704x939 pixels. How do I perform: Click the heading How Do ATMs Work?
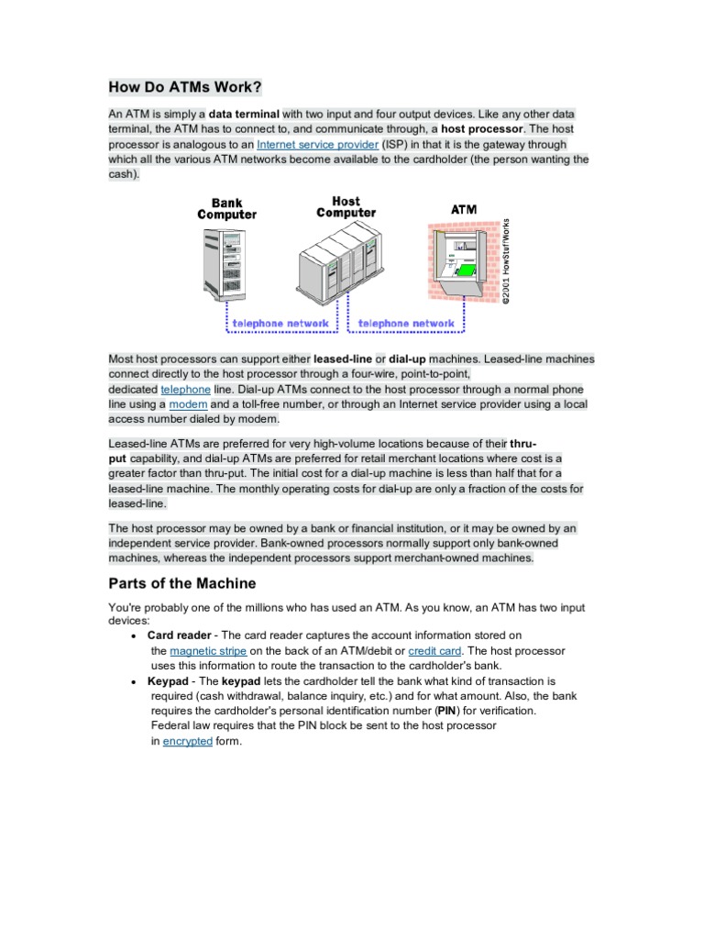click(x=185, y=87)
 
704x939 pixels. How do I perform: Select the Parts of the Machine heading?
click(x=182, y=583)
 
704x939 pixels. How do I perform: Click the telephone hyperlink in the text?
click(x=185, y=389)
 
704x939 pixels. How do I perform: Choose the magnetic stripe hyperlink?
click(x=207, y=650)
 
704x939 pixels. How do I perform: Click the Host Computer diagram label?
click(x=346, y=206)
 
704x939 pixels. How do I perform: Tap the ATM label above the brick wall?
click(x=464, y=209)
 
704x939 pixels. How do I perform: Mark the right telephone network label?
click(x=406, y=324)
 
